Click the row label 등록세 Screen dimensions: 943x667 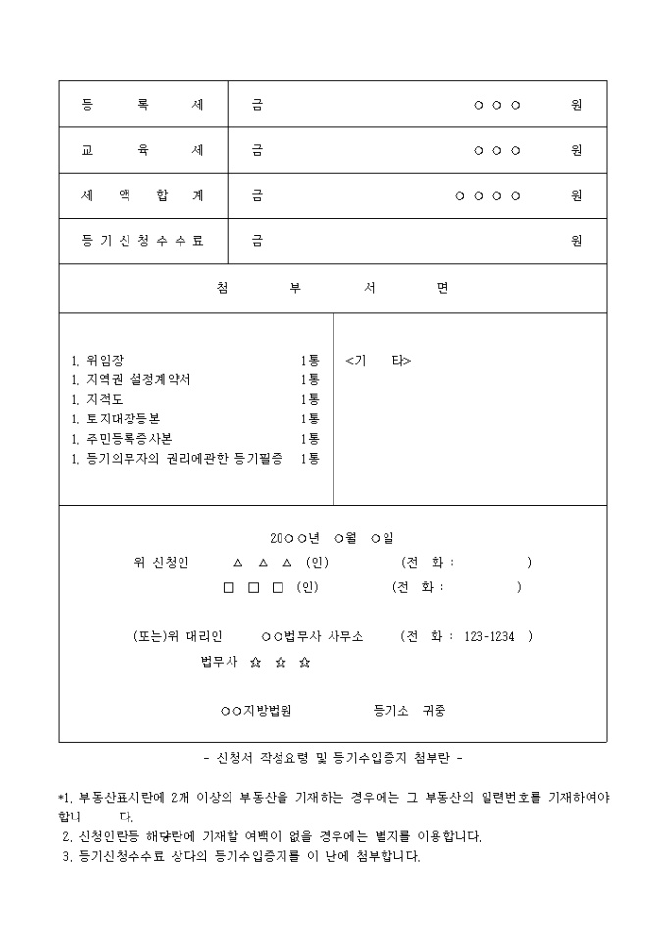tap(143, 105)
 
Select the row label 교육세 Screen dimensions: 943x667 tap(143, 150)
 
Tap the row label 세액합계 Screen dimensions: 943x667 tap(143, 195)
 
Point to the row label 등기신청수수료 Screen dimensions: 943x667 tap(143, 240)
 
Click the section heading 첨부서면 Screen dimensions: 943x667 tap(332, 288)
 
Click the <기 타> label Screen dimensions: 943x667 tap(378, 361)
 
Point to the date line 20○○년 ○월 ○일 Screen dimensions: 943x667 tap(332, 538)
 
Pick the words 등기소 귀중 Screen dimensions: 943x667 tap(409, 711)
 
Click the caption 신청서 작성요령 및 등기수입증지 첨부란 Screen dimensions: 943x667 tap(332, 758)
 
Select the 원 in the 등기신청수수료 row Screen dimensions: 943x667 tap(577, 240)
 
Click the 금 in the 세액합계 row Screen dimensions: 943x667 tap(257, 195)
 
